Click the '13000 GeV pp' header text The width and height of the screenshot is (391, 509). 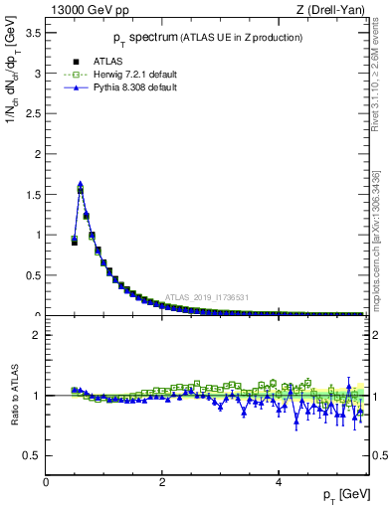tap(87, 11)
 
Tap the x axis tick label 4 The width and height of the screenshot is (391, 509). tap(280, 482)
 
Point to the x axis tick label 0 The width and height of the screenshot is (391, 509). tap(47, 482)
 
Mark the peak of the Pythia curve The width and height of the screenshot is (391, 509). tap(81, 184)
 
